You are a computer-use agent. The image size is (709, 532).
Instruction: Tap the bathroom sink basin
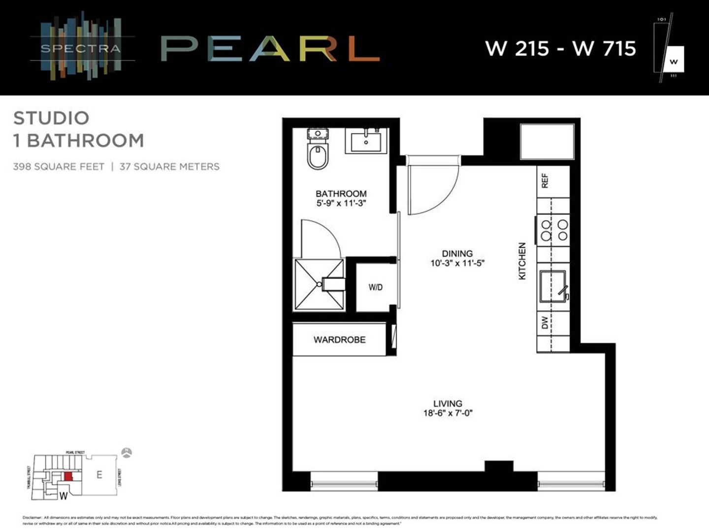[x=366, y=141]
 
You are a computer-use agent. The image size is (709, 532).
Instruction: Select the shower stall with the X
[x=319, y=285]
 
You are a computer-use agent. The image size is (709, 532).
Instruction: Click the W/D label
[x=375, y=287]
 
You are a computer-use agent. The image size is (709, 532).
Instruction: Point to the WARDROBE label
[x=339, y=339]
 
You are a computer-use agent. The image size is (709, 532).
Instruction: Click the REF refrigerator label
[x=545, y=181]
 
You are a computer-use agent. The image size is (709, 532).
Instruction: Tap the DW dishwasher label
[x=545, y=323]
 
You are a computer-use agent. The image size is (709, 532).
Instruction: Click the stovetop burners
[x=554, y=230]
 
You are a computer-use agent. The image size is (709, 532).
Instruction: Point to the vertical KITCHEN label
[x=522, y=261]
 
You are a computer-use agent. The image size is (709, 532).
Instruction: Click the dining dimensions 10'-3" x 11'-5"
[x=457, y=263]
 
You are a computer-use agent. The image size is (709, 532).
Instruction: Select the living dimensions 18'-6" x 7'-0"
[x=448, y=413]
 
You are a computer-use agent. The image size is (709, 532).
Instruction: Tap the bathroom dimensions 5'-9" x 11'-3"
[x=341, y=203]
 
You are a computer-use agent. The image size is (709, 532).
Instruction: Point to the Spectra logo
[x=80, y=48]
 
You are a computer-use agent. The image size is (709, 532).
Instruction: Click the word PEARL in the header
[x=270, y=48]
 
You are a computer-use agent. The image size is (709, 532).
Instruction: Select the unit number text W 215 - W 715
[x=560, y=48]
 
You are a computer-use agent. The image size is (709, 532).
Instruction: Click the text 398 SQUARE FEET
[x=59, y=166]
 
